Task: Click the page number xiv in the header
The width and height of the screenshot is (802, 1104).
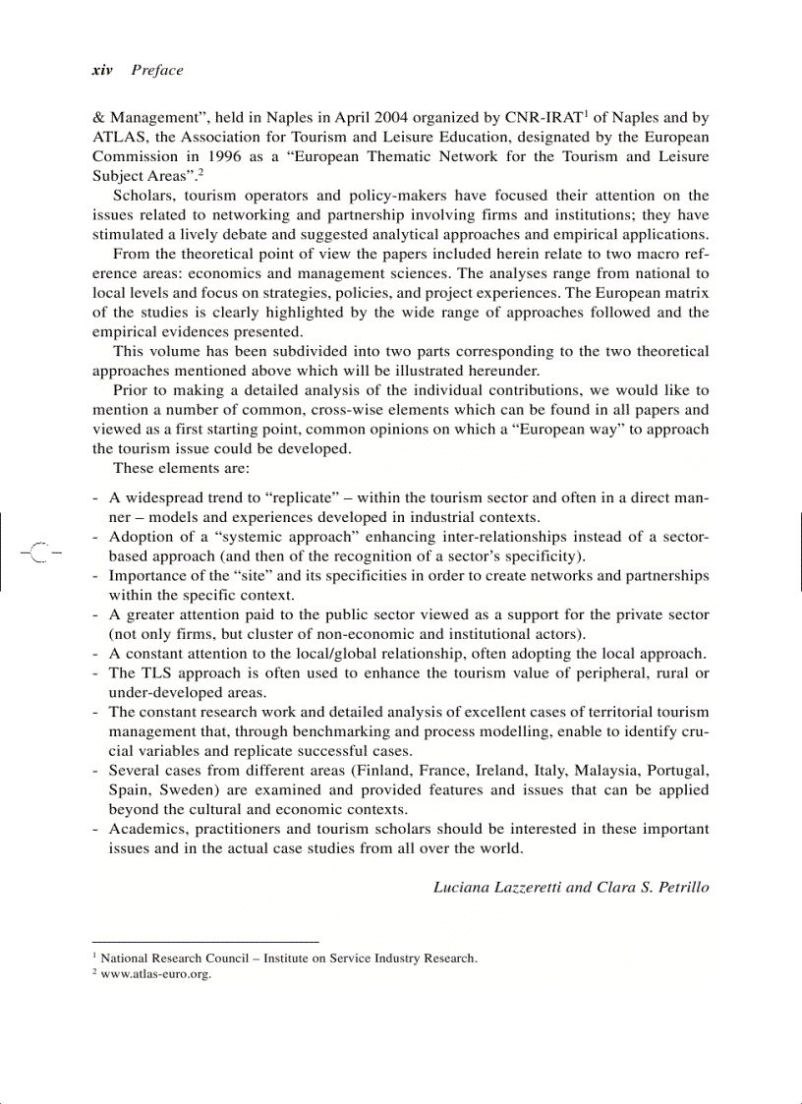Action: coord(102,70)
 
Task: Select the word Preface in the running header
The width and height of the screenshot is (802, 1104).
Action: coord(157,70)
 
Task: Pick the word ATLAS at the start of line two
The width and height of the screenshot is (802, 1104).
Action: coord(117,137)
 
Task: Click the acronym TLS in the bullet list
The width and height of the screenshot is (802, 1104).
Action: coord(157,672)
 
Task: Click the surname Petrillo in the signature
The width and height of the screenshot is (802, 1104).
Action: coord(679,887)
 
